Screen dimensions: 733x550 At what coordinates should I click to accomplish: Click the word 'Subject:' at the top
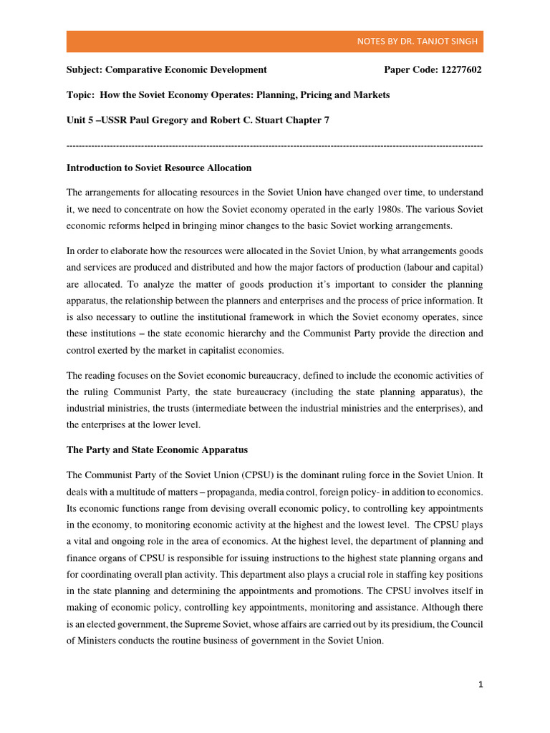click(x=85, y=69)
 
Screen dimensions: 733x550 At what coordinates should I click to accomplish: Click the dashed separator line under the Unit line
click(x=274, y=145)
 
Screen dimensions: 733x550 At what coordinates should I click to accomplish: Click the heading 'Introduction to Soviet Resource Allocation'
click(x=159, y=168)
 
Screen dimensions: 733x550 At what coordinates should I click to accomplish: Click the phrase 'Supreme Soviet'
click(x=196, y=625)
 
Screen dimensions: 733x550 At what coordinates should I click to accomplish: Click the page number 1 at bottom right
click(x=481, y=685)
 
